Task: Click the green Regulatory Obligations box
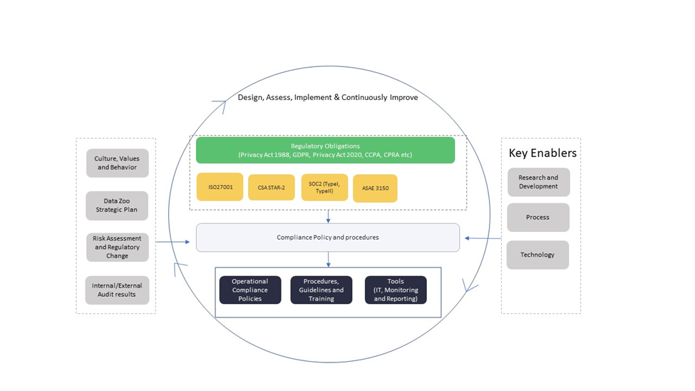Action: [325, 150]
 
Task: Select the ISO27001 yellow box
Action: [220, 187]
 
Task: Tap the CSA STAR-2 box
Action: [271, 188]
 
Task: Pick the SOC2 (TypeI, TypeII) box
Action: [324, 188]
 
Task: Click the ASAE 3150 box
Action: [375, 188]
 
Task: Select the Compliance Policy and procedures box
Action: [327, 238]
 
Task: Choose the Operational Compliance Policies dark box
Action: [250, 290]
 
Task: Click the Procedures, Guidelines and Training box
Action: [321, 290]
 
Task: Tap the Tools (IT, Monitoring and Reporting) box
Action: [396, 290]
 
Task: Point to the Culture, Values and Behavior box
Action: [117, 163]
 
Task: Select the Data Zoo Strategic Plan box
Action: [117, 205]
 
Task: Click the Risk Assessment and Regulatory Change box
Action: [117, 247]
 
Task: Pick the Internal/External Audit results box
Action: [117, 290]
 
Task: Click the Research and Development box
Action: [538, 182]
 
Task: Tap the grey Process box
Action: [538, 218]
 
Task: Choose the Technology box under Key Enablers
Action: [537, 255]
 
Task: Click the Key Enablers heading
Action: [542, 153]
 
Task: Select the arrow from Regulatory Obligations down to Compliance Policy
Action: [328, 216]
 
